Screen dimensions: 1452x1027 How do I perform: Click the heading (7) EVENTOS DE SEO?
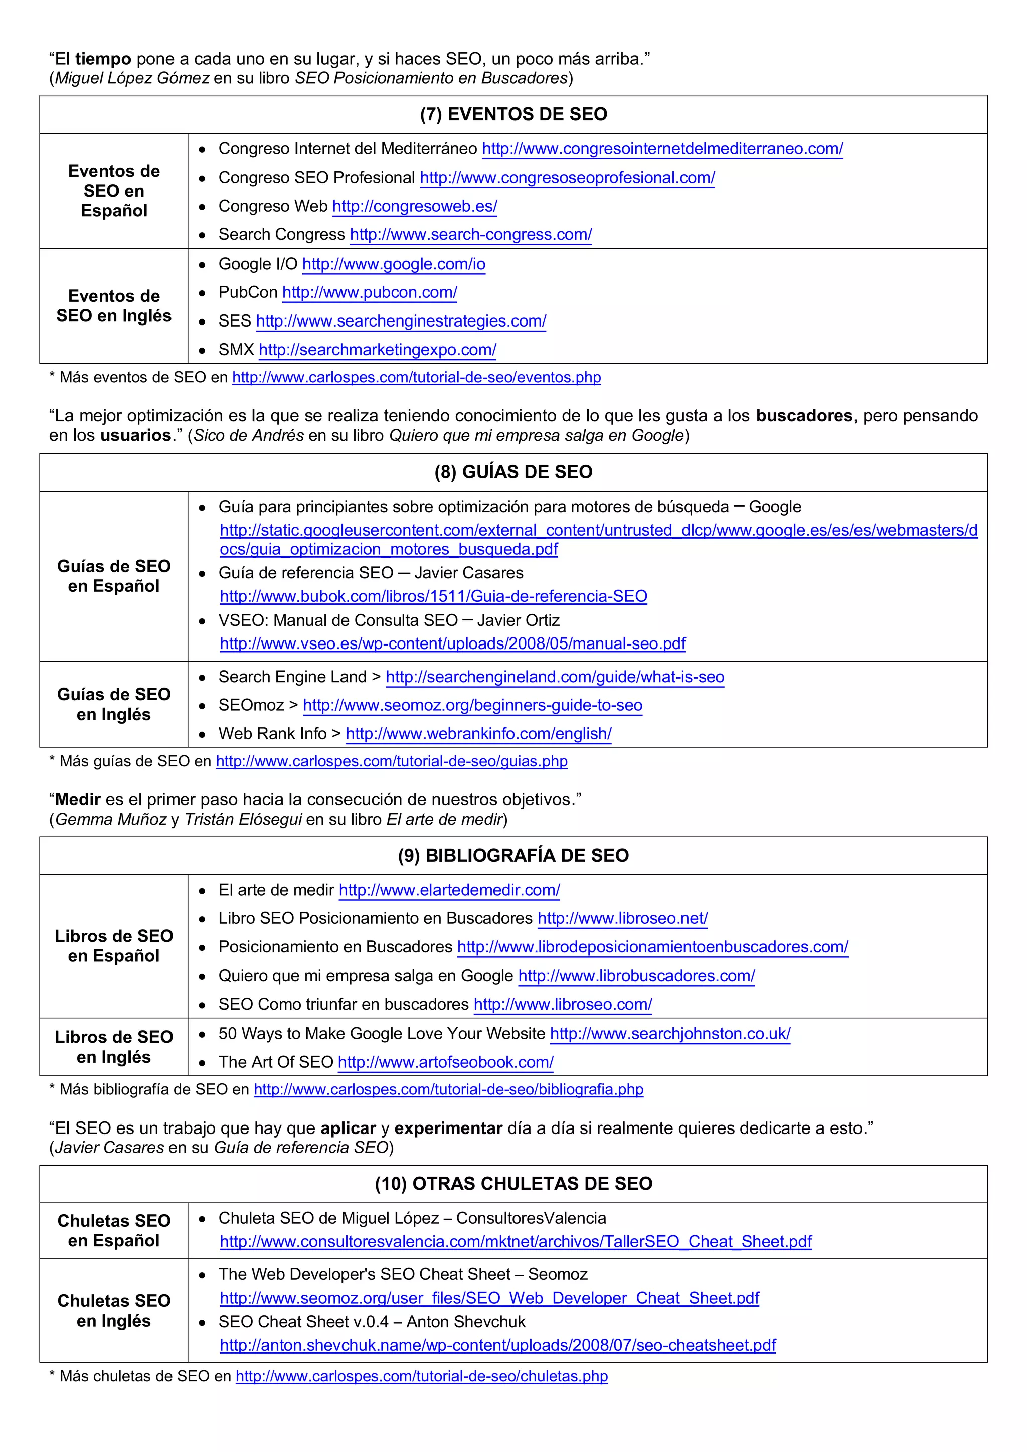click(513, 114)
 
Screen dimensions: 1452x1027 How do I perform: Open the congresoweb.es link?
click(414, 206)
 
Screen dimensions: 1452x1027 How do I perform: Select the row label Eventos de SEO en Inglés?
click(114, 306)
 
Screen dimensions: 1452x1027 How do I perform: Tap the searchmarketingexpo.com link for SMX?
click(378, 350)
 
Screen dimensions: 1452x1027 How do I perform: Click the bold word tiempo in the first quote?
click(103, 59)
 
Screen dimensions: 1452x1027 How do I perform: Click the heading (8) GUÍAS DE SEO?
click(513, 472)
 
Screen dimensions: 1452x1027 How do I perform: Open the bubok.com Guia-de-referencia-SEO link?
click(433, 596)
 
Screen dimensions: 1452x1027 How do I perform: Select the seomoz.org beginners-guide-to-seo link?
click(472, 705)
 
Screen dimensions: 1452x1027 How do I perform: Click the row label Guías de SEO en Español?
click(114, 576)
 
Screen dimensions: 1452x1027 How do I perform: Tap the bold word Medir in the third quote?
click(78, 799)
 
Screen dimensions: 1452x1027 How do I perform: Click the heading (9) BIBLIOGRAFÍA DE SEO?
click(513, 855)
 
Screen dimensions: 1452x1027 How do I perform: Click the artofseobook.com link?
click(445, 1062)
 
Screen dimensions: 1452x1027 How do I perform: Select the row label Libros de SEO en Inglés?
click(114, 1047)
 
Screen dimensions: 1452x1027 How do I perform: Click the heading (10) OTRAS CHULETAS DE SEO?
click(513, 1183)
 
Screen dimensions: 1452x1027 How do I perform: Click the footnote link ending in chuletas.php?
click(421, 1376)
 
